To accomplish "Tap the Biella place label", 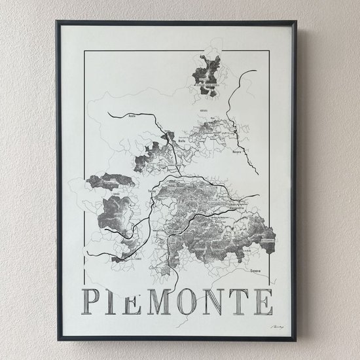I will coord(165,140).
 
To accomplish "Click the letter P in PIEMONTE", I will coord(93,300).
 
